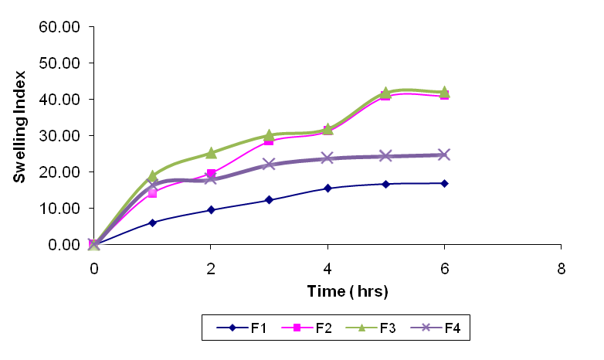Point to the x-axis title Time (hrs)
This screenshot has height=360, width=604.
coord(326,291)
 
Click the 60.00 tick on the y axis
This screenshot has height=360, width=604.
coord(59,27)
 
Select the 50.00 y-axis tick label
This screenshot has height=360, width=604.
coord(59,63)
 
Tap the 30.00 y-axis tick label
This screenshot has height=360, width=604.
coord(59,136)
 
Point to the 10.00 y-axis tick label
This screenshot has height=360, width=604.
coord(59,209)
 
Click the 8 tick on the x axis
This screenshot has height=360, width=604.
coord(561,269)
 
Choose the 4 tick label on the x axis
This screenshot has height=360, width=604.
coord(327,269)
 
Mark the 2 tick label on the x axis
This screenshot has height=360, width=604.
coord(211,269)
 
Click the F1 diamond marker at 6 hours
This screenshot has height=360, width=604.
coord(444,183)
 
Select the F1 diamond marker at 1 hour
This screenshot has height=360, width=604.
coord(152,222)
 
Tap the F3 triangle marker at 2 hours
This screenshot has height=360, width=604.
coord(211,153)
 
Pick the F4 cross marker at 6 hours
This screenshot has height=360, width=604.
coord(444,155)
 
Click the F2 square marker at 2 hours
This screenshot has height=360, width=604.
coord(211,174)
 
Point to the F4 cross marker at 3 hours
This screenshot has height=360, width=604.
coord(269,164)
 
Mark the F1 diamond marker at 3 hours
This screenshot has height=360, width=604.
coord(269,200)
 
